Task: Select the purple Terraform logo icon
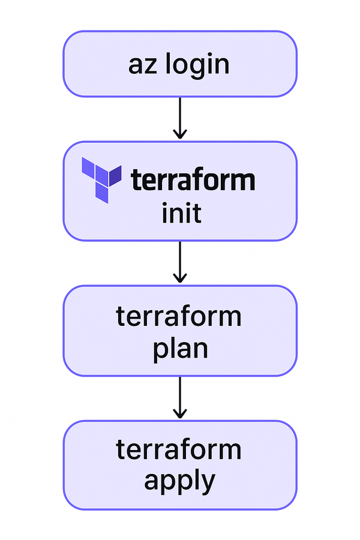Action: pos(101,179)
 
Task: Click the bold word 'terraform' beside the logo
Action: pos(193,179)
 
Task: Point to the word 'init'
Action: pos(181,214)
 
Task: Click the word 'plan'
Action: pos(180,348)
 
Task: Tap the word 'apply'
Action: pos(179,481)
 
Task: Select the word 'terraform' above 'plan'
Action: pos(179,316)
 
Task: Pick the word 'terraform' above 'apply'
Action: pos(179,449)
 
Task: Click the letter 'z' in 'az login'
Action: pos(148,65)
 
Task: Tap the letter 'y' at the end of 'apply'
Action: pos(207,484)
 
